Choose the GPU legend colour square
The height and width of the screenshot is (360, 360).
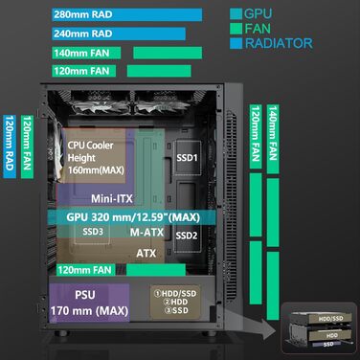click(x=236, y=14)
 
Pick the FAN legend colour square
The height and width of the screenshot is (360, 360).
click(x=236, y=29)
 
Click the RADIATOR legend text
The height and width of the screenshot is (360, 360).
click(x=278, y=43)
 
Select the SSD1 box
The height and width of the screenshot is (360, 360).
click(x=186, y=157)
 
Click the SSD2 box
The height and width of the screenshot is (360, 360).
click(x=187, y=236)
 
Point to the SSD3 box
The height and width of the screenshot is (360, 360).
click(x=93, y=232)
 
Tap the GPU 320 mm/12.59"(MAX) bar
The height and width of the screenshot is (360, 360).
click(x=144, y=216)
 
